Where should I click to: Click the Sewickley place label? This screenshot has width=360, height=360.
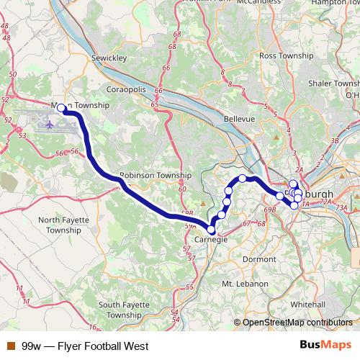[x=109, y=56]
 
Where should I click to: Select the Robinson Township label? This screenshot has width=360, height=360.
[x=156, y=175]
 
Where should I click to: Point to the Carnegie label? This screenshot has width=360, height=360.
[x=211, y=240]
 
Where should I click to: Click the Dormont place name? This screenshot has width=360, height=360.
[x=259, y=258]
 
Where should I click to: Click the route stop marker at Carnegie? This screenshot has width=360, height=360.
[x=211, y=230]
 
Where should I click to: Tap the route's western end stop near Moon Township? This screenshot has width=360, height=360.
[x=63, y=109]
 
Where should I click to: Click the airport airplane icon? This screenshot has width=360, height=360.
[x=49, y=125]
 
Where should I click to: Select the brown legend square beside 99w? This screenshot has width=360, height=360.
[x=10, y=346]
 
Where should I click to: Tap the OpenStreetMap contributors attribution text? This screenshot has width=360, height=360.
[x=297, y=323]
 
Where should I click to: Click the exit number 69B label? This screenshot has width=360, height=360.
[x=270, y=210]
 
